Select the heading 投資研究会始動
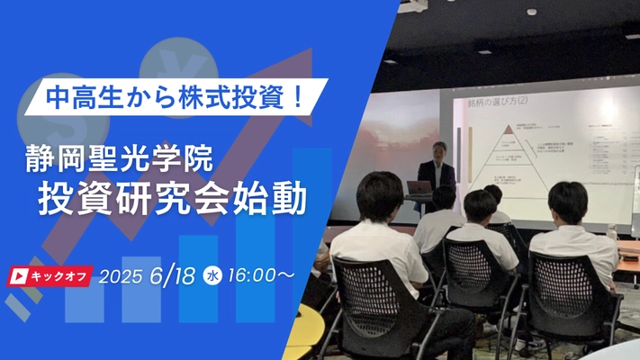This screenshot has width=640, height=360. click(x=171, y=199)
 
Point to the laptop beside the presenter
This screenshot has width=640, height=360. click(x=419, y=188)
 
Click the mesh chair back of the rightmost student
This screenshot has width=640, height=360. click(x=566, y=289)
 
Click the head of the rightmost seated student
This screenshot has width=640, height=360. click(x=568, y=203)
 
